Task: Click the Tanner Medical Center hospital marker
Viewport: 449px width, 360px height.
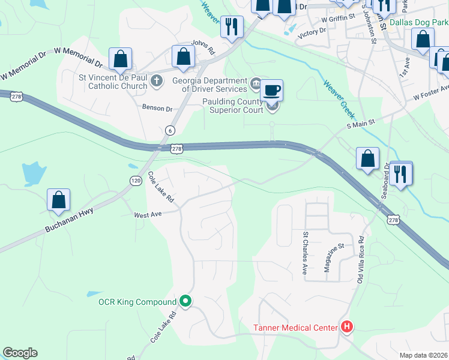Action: point(346,327)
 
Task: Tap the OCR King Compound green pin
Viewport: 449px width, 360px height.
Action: point(186,301)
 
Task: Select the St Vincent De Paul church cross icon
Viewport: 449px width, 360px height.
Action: point(157,80)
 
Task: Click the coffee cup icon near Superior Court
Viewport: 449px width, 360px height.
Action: point(271,91)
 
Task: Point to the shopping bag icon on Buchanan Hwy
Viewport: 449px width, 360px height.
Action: point(59,200)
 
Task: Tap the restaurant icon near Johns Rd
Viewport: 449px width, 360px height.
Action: point(231,26)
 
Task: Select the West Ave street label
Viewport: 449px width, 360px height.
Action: point(148,215)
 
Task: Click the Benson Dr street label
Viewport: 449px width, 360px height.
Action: point(157,109)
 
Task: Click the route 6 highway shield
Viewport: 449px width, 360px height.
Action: point(170,131)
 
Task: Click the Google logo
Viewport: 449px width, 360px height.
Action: point(20,353)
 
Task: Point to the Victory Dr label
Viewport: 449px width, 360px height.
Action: point(312,31)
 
